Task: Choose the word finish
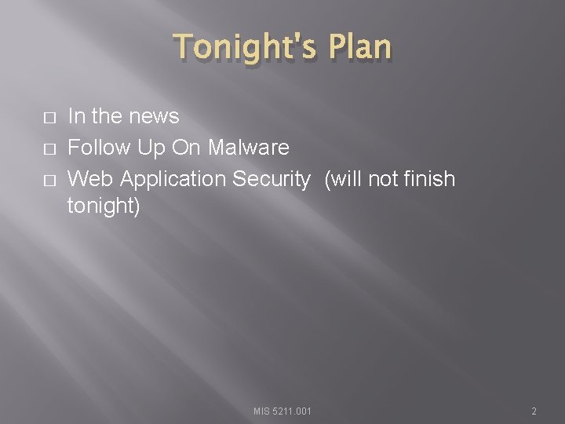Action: click(428, 180)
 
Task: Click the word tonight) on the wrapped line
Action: click(104, 207)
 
